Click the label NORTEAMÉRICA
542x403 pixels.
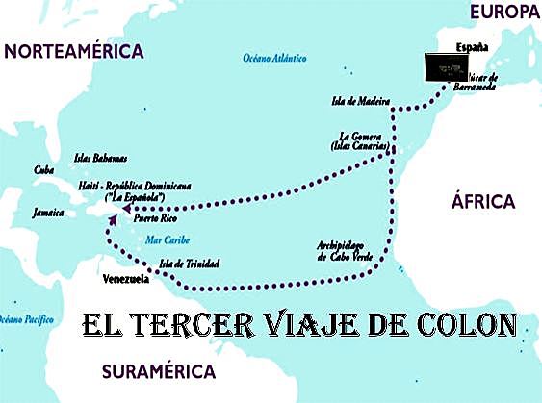[74, 52]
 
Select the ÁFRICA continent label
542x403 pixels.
[483, 201]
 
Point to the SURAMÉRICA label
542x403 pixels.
[159, 371]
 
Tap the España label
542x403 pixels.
[473, 47]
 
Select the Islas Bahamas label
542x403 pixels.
[100, 158]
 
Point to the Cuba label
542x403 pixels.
[43, 170]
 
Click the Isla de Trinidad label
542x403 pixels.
[189, 264]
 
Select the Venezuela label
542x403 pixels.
[125, 279]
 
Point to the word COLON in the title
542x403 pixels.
[463, 324]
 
